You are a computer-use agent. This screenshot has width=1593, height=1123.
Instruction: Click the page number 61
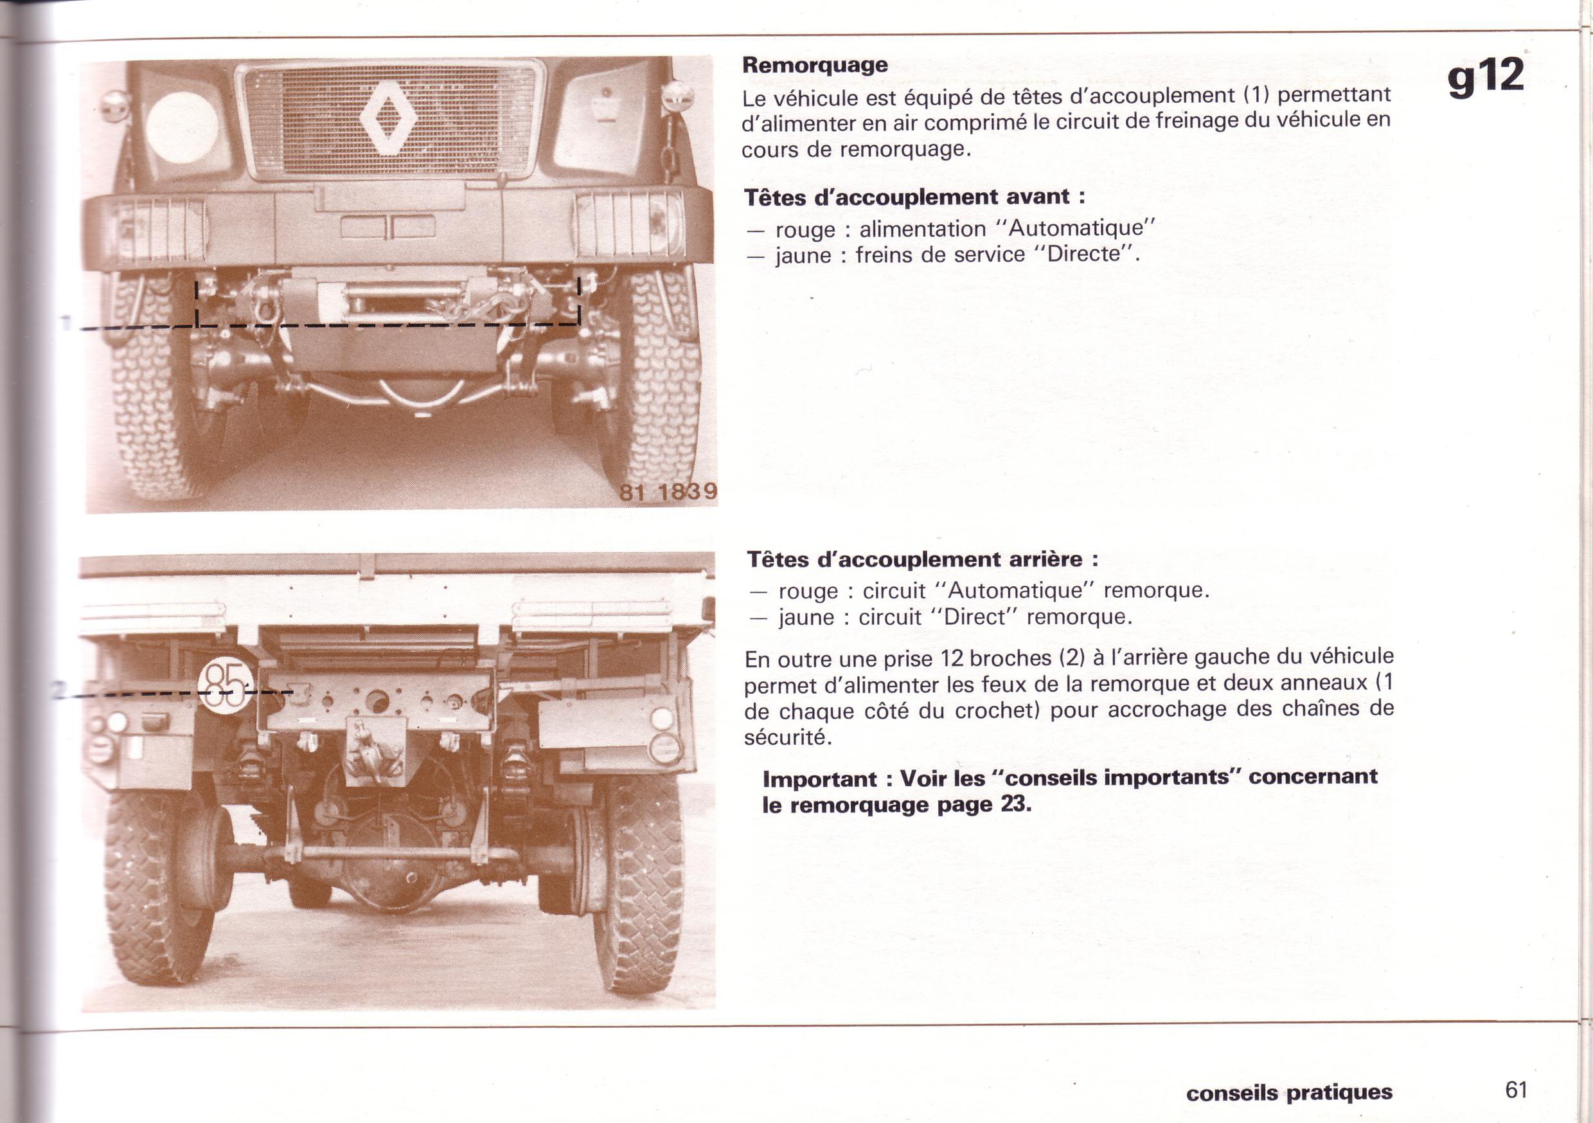click(x=1516, y=1089)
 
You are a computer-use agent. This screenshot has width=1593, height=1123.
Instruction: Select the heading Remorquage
click(x=815, y=65)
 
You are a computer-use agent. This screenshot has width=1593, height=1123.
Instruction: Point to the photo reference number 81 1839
click(x=668, y=491)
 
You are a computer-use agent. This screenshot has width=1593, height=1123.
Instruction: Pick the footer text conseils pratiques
click(x=1289, y=1092)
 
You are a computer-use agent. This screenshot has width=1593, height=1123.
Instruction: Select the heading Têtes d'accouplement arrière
click(x=922, y=559)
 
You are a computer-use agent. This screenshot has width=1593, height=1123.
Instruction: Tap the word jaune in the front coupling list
click(x=803, y=255)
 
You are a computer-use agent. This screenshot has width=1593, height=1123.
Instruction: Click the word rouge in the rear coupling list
click(x=808, y=591)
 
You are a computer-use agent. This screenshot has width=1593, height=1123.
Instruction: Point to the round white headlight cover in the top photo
click(x=182, y=128)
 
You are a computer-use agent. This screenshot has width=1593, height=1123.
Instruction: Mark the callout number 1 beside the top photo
click(x=67, y=323)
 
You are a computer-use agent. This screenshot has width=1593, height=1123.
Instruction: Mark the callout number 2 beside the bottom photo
click(x=61, y=689)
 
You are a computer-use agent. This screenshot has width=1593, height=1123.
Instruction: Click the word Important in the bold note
click(x=819, y=778)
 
